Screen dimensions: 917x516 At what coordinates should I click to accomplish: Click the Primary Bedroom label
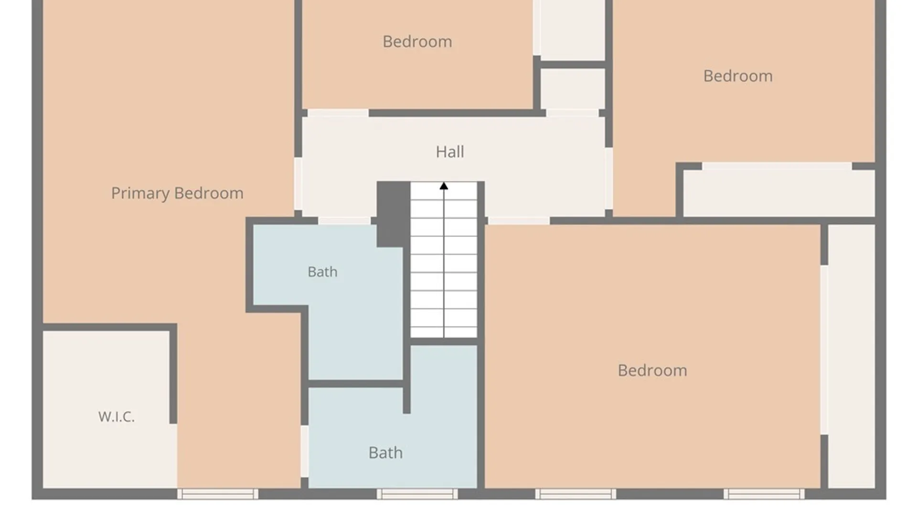[177, 193]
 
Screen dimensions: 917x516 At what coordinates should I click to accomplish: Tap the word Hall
[450, 152]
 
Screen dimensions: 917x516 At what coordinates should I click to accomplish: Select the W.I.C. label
[117, 417]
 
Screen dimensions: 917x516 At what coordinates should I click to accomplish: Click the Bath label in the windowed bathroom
[385, 452]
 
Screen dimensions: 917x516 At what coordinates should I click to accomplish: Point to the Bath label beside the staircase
[322, 272]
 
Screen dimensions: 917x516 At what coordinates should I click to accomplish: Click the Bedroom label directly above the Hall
[417, 42]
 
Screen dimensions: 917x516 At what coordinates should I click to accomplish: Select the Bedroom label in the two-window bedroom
[652, 370]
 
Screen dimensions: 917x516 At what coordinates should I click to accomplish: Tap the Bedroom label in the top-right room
[738, 76]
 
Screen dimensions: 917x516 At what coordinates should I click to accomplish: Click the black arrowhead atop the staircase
[444, 186]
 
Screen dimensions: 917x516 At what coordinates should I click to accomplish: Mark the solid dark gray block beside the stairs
[393, 214]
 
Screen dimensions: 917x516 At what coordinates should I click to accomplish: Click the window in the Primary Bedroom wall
[218, 494]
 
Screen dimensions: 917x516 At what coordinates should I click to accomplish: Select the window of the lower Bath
[417, 494]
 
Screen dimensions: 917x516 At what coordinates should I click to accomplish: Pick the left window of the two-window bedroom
[576, 494]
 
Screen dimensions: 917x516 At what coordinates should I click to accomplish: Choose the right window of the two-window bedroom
[764, 494]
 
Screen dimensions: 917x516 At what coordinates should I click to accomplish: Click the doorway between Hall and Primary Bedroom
[298, 183]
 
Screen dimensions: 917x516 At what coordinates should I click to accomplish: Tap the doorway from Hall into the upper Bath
[344, 221]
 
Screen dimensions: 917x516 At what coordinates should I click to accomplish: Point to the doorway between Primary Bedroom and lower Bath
[304, 451]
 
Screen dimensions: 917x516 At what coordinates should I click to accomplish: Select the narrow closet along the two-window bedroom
[852, 356]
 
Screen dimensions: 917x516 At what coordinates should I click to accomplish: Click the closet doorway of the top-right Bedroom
[777, 166]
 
